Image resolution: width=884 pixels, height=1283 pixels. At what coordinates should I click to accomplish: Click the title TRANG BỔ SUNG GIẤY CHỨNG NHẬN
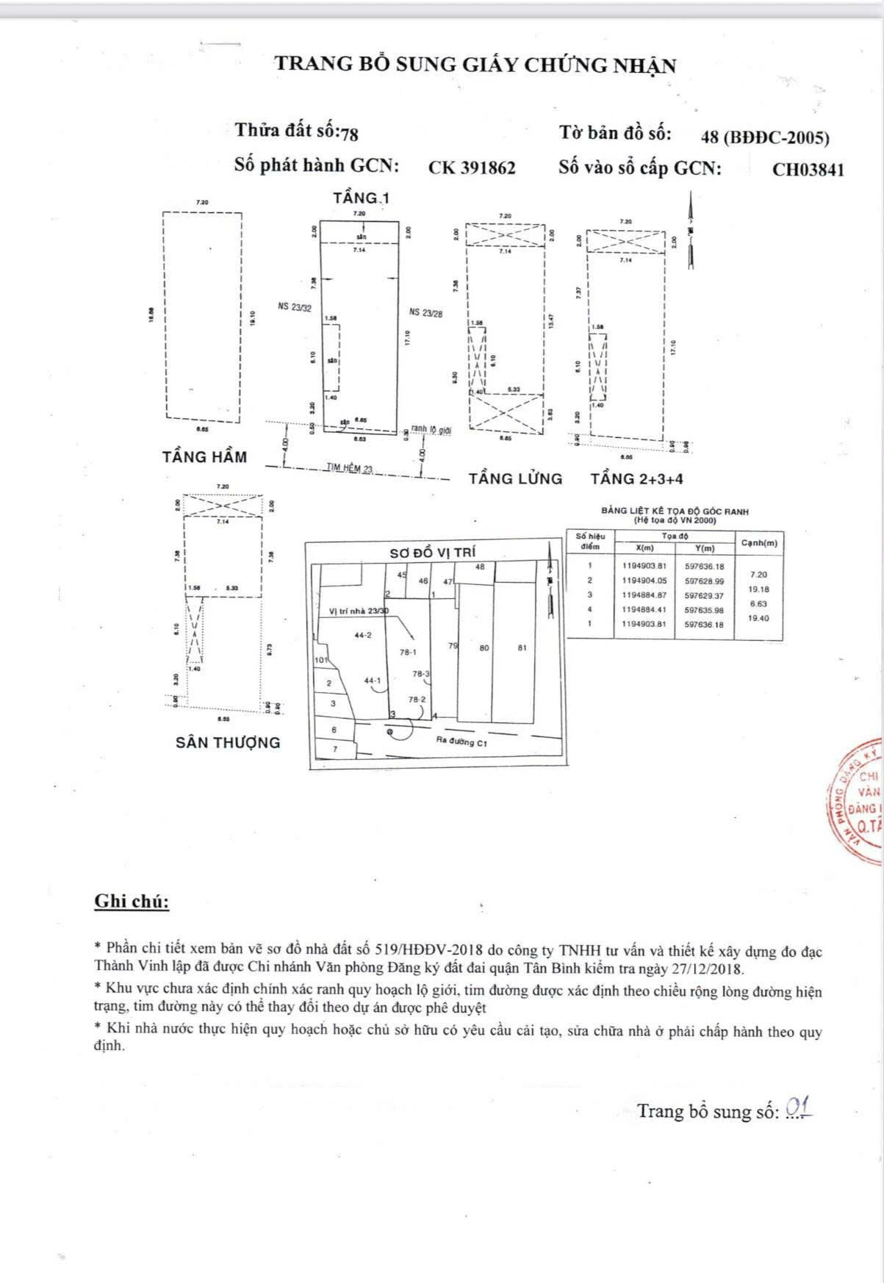475,65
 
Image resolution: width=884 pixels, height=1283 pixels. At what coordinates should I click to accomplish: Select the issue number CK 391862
472,168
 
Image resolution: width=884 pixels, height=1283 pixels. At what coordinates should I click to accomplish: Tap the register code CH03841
808,170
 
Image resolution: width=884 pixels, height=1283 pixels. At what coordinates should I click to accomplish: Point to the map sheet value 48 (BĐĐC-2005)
765,137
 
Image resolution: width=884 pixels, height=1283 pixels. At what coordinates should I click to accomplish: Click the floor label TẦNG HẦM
204,457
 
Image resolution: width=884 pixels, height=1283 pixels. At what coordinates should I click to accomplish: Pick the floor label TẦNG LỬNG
515,479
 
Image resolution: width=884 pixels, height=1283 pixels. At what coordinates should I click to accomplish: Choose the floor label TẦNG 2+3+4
636,479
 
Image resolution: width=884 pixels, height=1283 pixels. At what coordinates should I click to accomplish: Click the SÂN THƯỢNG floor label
228,742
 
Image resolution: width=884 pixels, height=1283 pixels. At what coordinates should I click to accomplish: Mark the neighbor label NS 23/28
425,312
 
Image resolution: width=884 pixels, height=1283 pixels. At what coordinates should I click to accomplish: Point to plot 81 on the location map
522,648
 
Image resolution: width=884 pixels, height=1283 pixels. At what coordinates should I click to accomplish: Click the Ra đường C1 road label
462,741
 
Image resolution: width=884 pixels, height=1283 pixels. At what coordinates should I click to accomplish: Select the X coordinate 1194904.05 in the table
644,581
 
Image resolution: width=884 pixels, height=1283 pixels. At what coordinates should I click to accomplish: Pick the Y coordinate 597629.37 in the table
704,596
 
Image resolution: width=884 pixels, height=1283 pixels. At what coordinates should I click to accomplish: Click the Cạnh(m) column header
759,543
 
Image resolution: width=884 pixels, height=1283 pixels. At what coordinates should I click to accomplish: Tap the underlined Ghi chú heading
132,902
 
